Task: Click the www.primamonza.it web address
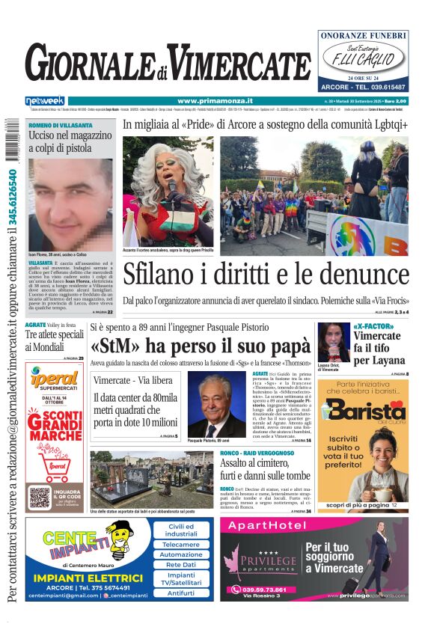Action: coord(215,101)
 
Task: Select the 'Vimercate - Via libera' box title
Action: coord(132,381)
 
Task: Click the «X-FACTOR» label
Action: coord(376,327)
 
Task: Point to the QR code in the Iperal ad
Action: coord(40,497)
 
